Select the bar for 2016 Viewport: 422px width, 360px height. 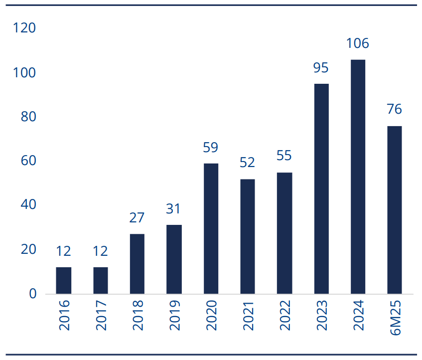pos(63,280)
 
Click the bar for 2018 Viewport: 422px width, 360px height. pos(137,264)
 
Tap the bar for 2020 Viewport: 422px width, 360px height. pos(211,228)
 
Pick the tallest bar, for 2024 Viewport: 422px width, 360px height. pos(358,177)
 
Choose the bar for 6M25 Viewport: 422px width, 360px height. pos(395,210)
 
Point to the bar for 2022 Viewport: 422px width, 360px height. pos(284,233)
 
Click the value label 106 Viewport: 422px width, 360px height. pos(357,43)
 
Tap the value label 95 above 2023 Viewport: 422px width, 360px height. pos(321,68)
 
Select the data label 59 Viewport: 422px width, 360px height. pos(210,147)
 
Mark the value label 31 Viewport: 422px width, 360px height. pos(173,209)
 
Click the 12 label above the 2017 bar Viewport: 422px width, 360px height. pos(100,251)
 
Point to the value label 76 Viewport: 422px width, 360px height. pos(394,109)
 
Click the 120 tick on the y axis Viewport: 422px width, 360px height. pos(24,28)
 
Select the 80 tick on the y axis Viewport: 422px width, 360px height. pos(28,117)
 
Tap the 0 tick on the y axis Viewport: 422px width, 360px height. pos(32,294)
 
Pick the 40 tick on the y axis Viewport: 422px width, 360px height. pos(28,204)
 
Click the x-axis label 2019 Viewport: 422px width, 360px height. pos(174,315)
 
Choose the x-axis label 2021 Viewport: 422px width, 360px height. pos(248,316)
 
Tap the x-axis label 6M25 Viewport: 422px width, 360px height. pos(395,318)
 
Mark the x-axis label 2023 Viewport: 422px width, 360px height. pos(322,315)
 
